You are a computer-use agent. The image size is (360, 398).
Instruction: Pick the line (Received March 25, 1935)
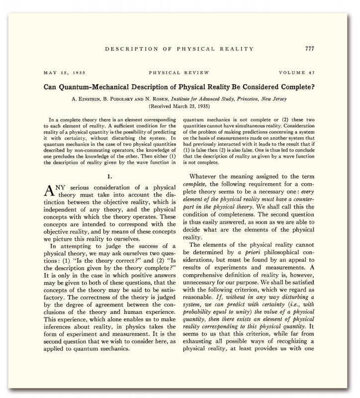180,106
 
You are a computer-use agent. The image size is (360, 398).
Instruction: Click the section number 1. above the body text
109,176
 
